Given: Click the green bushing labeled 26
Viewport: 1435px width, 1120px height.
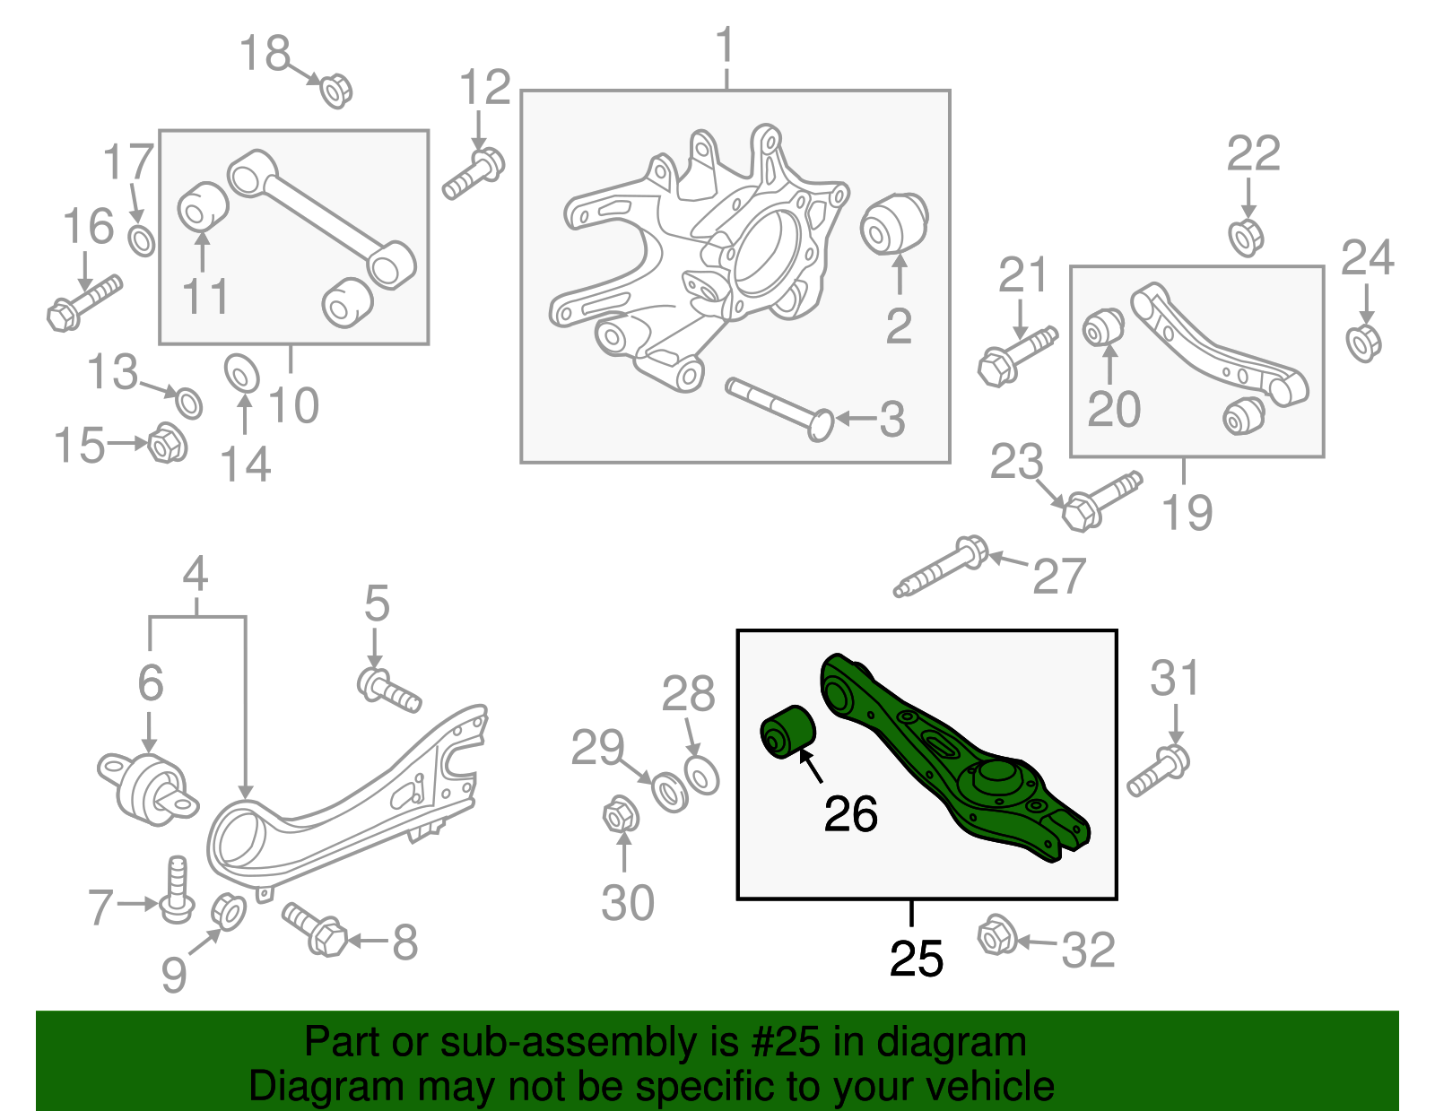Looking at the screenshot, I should pyautogui.click(x=787, y=732).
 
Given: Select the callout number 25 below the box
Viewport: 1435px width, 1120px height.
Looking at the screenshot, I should pyautogui.click(x=916, y=959).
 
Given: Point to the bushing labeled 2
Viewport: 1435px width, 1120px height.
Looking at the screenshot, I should pyautogui.click(x=894, y=223).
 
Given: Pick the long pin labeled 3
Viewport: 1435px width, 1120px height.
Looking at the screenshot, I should pyautogui.click(x=779, y=407).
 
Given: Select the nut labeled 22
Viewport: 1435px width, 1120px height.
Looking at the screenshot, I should pyautogui.click(x=1246, y=237).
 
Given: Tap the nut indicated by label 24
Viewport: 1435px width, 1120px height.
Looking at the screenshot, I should pyautogui.click(x=1363, y=343).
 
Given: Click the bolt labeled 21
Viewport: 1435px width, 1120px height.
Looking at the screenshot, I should pyautogui.click(x=1015, y=356).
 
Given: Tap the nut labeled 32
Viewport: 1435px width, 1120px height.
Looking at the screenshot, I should pyautogui.click(x=996, y=935).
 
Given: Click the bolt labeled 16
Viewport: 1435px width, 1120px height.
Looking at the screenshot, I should pyautogui.click(x=83, y=301).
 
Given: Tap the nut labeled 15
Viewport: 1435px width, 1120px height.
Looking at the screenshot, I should pyautogui.click(x=166, y=443).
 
